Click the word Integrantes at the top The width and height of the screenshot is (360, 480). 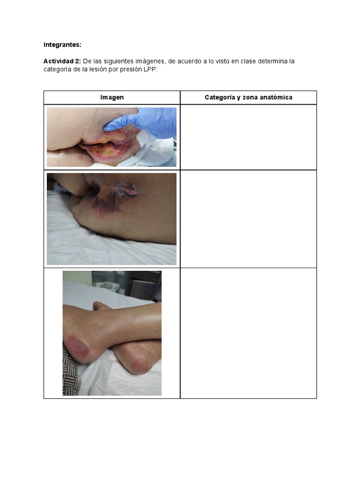(62, 45)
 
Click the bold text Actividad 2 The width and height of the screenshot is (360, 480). (62, 61)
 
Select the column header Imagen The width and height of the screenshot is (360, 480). (112, 97)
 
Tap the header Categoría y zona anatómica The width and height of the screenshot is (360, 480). (248, 97)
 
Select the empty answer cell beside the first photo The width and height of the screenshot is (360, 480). (248, 137)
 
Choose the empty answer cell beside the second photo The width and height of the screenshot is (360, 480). (248, 219)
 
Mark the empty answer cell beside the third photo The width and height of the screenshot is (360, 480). (248, 333)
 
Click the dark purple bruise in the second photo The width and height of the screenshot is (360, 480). (109, 202)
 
